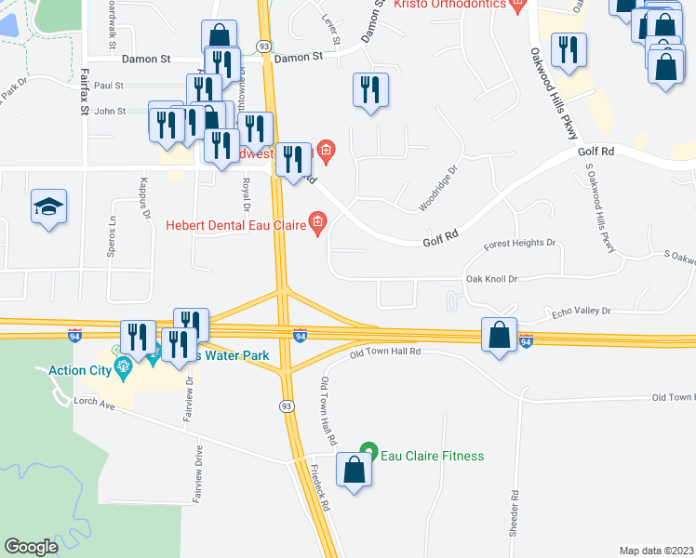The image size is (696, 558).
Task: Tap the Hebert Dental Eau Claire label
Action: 237,223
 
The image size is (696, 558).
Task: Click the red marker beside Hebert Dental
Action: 317,222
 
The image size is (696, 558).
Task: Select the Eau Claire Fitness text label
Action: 433,456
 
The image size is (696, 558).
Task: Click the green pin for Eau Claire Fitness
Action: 368,453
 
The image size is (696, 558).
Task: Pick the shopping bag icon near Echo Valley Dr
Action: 500,334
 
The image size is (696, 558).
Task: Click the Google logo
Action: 31,547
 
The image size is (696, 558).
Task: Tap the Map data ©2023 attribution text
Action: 656,551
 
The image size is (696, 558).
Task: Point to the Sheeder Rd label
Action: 513,507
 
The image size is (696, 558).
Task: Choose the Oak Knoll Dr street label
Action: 491,278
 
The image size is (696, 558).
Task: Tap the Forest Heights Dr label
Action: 520,244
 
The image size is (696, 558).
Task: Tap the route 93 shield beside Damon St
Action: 264,46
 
